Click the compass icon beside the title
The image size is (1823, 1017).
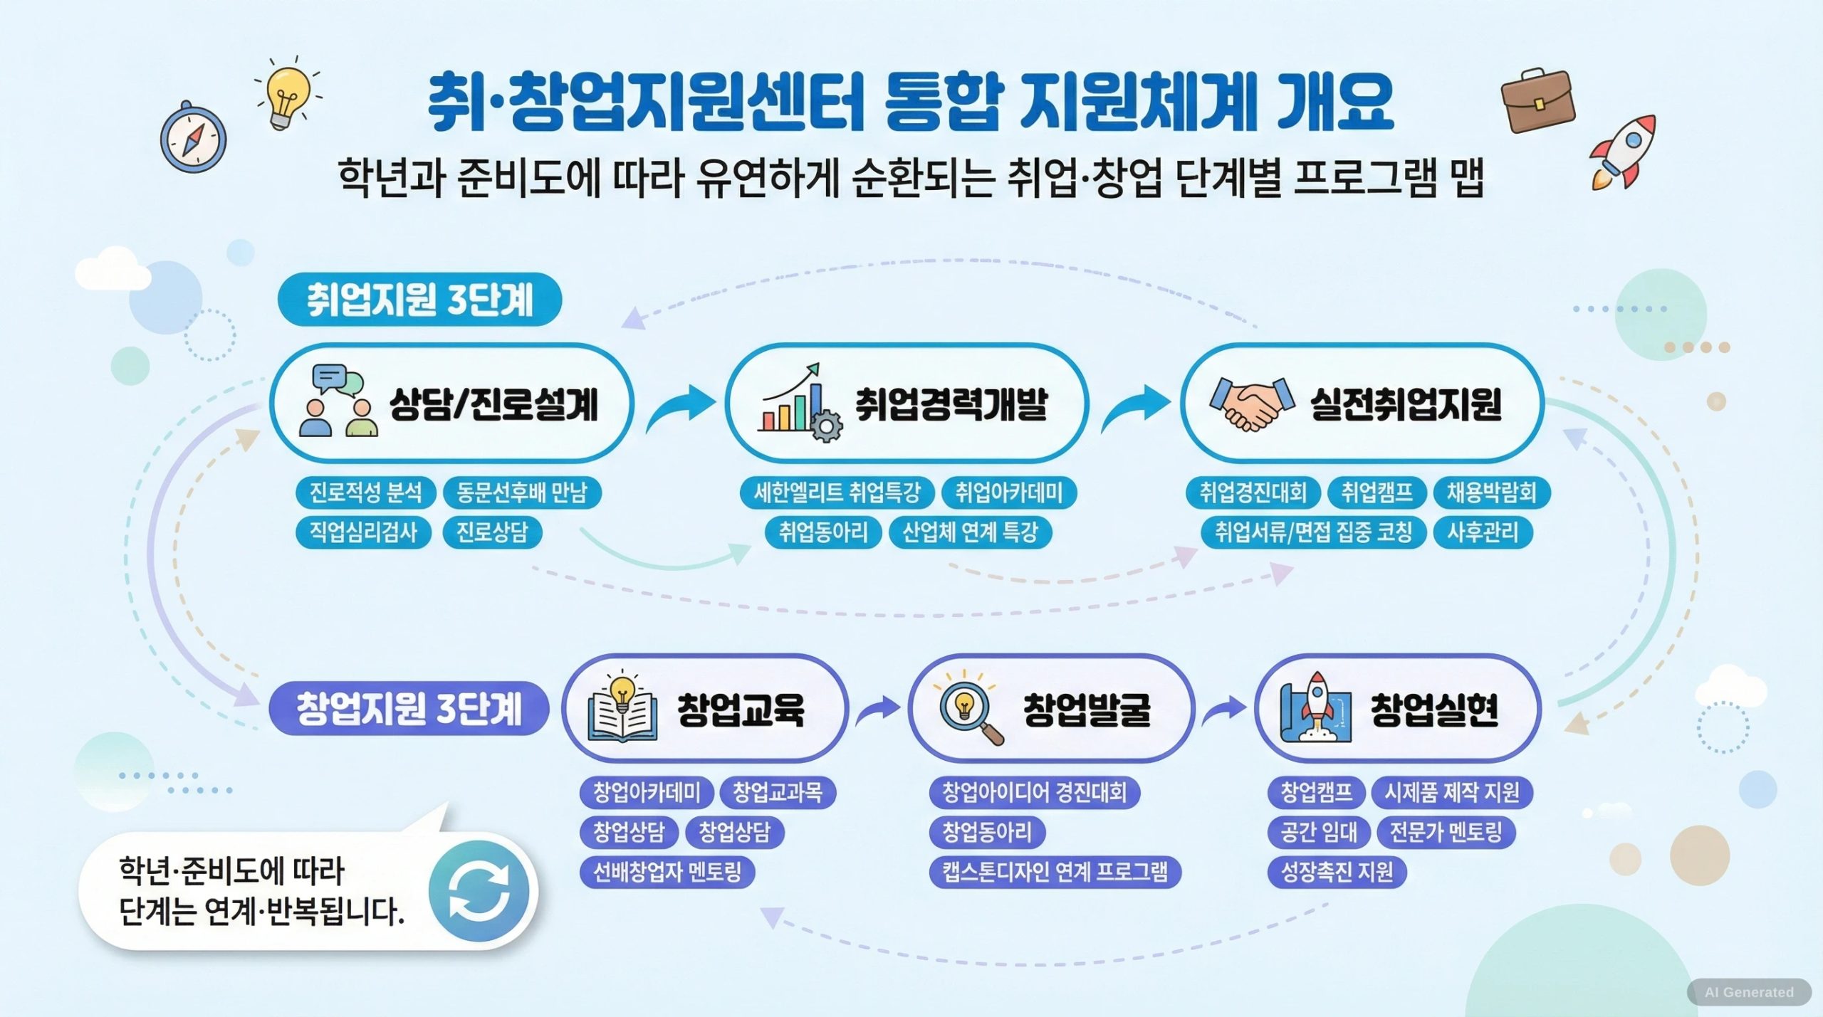coord(193,137)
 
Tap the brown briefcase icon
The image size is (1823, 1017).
coord(1538,100)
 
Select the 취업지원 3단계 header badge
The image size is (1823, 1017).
coord(419,299)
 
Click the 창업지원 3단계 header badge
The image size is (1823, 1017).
coord(409,708)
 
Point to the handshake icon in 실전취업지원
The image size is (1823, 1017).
coord(1252,404)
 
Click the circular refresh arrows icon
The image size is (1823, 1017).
coord(479,891)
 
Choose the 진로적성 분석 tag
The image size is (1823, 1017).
coord(365,492)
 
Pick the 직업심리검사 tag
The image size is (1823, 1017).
coord(363,532)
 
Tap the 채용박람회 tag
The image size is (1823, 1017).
coord(1491,492)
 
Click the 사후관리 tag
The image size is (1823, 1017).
coord(1483,532)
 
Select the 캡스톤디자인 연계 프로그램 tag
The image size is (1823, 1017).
coord(1055,872)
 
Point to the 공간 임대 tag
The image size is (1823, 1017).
coord(1319,832)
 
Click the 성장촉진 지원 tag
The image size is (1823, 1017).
coord(1337,872)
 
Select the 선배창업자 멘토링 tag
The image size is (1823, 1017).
coord(667,872)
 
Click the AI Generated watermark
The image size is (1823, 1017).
coord(1749,992)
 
